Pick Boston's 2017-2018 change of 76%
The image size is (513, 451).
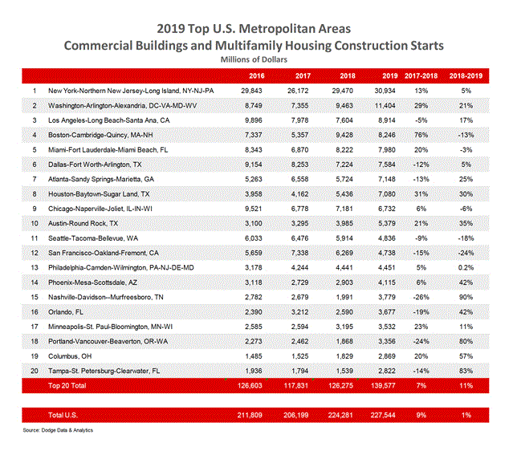pos(430,135)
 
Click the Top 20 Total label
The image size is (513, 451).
pos(68,385)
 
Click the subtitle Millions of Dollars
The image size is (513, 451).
pos(255,59)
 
